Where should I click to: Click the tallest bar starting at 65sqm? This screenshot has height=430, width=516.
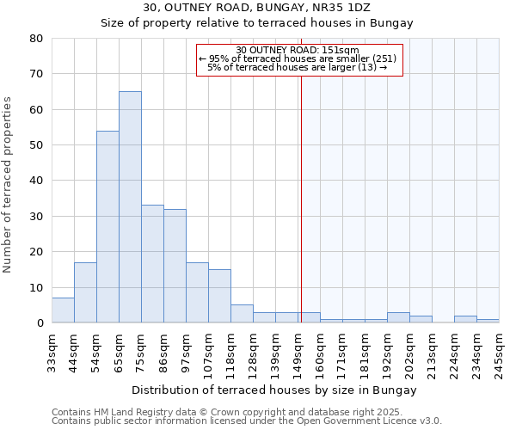(130, 206)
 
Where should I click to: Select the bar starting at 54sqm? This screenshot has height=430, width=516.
(107, 227)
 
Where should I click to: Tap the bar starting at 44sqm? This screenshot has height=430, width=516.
(85, 292)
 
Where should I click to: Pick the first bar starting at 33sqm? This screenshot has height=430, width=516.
(63, 310)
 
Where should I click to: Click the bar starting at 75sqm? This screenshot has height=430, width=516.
(152, 263)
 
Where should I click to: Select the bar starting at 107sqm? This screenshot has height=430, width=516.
(219, 296)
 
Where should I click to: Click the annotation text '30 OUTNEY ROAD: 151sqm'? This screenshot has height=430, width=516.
(297, 50)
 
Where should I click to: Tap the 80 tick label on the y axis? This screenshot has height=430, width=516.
(35, 39)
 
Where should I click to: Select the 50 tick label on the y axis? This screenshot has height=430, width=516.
(35, 145)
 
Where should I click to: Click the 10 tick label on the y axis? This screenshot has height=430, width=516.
(35, 287)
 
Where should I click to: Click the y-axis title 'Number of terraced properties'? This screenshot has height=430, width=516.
(9, 184)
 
